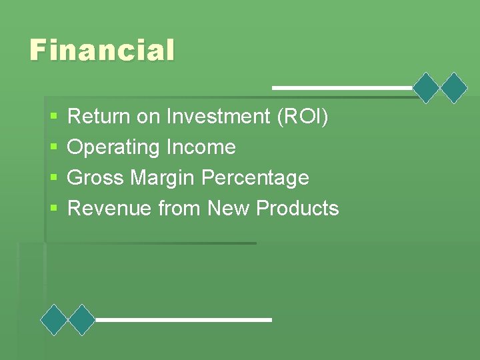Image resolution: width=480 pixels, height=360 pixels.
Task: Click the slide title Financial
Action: (102, 50)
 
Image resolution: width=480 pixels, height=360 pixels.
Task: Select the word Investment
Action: (218, 117)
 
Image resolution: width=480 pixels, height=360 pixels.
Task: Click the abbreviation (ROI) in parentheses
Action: (302, 117)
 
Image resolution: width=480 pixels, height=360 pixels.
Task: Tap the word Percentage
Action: (255, 178)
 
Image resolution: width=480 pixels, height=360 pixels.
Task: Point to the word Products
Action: (297, 209)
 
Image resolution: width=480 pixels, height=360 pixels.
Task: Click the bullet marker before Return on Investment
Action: (54, 117)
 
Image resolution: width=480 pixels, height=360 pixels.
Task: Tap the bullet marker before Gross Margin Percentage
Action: (54, 179)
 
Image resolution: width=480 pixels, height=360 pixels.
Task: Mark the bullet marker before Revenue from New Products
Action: (54, 209)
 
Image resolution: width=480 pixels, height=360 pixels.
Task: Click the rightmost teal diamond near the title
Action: (455, 87)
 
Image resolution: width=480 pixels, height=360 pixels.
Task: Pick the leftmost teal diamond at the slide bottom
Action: (54, 320)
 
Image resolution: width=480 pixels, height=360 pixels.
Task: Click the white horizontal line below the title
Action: (342, 87)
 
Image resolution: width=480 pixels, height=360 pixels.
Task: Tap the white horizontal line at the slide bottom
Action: (183, 320)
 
